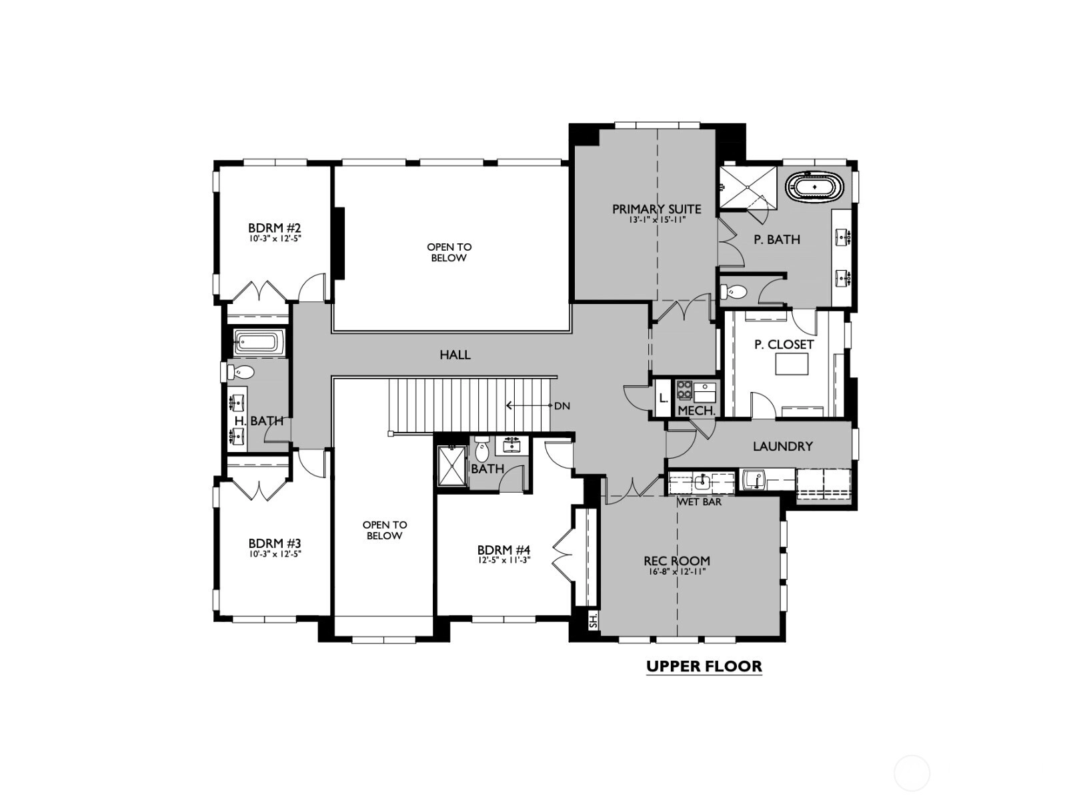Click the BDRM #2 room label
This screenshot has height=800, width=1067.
pyautogui.click(x=275, y=228)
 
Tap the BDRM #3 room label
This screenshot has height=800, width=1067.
pyautogui.click(x=275, y=543)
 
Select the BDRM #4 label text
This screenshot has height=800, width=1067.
pyautogui.click(x=503, y=550)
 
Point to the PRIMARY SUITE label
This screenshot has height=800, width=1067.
pyautogui.click(x=656, y=209)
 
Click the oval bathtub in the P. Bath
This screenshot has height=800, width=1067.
pyautogui.click(x=815, y=187)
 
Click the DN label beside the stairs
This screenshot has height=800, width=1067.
pyautogui.click(x=562, y=406)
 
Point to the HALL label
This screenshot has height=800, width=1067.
pyautogui.click(x=455, y=355)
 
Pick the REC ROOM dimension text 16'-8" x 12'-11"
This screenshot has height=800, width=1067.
pyautogui.click(x=677, y=572)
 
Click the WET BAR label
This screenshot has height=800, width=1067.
pyautogui.click(x=699, y=502)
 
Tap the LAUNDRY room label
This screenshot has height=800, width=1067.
pyautogui.click(x=783, y=447)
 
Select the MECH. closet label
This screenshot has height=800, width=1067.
pyautogui.click(x=697, y=411)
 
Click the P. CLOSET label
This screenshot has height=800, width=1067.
pyautogui.click(x=784, y=345)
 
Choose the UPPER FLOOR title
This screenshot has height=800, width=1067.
pyautogui.click(x=704, y=666)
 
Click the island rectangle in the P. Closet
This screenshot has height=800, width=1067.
pyautogui.click(x=792, y=364)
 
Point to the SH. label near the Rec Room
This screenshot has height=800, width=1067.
pyautogui.click(x=593, y=621)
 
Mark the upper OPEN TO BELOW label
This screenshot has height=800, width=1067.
pyautogui.click(x=449, y=253)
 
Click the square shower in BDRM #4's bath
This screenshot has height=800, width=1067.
pyautogui.click(x=451, y=465)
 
